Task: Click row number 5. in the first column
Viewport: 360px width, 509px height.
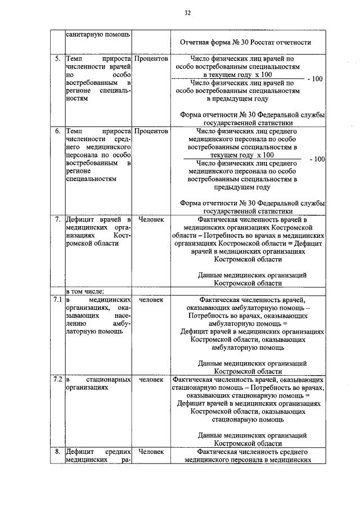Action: (57, 58)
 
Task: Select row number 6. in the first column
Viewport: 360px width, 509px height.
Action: (57, 131)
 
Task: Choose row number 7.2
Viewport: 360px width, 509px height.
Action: (57, 380)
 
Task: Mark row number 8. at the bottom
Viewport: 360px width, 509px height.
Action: (57, 451)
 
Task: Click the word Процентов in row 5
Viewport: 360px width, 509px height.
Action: (151, 58)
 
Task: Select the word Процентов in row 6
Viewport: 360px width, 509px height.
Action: (151, 131)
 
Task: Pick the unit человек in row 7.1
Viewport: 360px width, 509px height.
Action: (151, 300)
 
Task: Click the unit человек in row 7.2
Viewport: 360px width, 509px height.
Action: (151, 380)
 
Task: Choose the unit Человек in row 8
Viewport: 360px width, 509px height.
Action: (151, 451)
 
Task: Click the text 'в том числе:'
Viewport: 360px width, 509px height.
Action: (85, 291)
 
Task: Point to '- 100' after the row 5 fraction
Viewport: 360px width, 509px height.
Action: (315, 79)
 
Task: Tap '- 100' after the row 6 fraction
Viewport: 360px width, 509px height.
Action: (317, 159)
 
